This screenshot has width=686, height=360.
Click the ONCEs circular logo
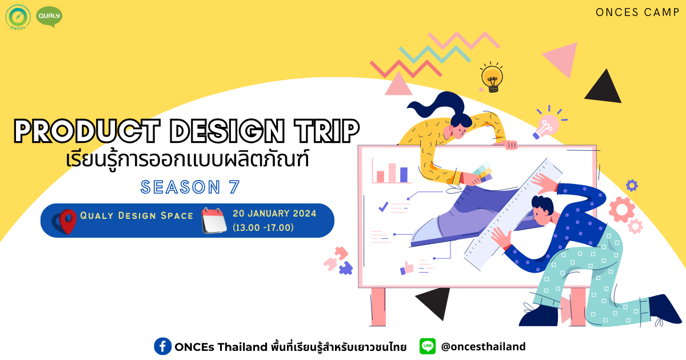point(18,17)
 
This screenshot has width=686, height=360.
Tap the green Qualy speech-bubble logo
point(49,17)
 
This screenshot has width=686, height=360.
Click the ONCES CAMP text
point(637,13)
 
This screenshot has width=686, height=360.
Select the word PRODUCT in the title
point(87,131)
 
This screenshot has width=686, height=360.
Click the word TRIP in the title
point(327,131)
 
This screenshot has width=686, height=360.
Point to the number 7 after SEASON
point(234,187)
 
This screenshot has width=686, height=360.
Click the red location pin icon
point(67,222)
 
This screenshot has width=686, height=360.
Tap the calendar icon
point(214,221)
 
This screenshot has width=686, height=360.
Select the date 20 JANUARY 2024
point(274,213)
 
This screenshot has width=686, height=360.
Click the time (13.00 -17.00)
point(263,227)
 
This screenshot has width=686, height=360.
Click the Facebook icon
point(162,346)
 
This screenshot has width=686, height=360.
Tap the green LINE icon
point(428,346)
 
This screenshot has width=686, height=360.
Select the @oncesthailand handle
point(483,346)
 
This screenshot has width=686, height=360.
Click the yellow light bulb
point(492,78)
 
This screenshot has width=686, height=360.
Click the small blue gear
point(632,185)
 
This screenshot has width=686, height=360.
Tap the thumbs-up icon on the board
point(406,268)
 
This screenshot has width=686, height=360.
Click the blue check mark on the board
point(384,207)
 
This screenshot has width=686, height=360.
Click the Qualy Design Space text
point(137,215)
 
